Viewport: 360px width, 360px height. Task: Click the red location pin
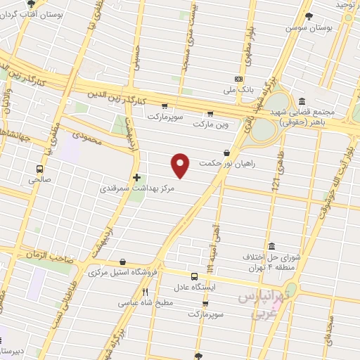click(x=181, y=165)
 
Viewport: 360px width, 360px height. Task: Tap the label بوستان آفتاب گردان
click(x=58, y=13)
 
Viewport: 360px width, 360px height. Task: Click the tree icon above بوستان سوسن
click(x=309, y=16)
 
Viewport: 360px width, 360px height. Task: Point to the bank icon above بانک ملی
click(x=238, y=79)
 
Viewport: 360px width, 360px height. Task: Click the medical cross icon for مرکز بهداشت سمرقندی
click(x=136, y=177)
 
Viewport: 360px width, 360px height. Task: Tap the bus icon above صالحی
click(x=39, y=169)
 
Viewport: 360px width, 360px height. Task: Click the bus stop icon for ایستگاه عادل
click(x=194, y=276)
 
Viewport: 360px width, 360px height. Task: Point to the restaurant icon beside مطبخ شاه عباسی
click(x=145, y=292)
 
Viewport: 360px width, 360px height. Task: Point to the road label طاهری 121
click(x=276, y=172)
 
